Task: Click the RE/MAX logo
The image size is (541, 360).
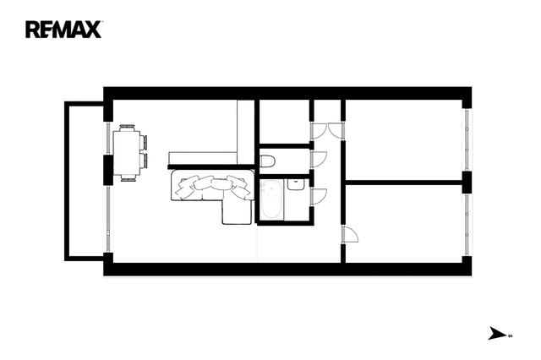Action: point(63,30)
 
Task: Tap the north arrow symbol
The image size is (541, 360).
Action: point(497,334)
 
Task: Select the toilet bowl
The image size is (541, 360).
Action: point(267,161)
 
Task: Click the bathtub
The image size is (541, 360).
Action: point(271,199)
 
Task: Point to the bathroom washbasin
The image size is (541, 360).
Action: point(296,184)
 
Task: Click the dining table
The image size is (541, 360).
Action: point(127,152)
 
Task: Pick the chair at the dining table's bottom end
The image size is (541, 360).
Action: point(128,178)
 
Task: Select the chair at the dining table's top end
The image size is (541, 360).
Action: point(128,128)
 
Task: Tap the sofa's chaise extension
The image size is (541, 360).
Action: point(237,211)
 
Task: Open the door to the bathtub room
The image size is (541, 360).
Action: point(319,197)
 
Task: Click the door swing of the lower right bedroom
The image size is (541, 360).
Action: point(350,234)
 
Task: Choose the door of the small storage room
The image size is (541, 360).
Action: point(318,131)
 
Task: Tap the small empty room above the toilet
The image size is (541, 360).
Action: point(284,122)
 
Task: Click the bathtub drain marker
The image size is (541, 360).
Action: point(272,188)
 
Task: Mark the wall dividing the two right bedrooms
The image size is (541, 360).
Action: point(404,183)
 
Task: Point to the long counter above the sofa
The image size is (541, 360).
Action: point(203,158)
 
